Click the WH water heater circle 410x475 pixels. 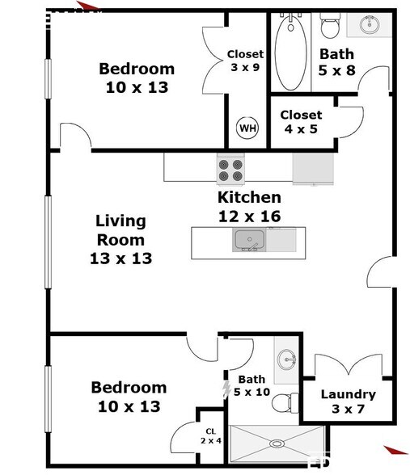[247, 128]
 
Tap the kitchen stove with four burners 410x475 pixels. [230, 170]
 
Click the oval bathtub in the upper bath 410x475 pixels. [290, 53]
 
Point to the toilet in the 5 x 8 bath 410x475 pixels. [330, 26]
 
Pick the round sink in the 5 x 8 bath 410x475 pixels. [370, 24]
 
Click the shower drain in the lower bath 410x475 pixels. [277, 443]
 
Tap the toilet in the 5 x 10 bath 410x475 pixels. [285, 402]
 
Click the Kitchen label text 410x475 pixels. [249, 197]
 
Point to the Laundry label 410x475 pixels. [348, 394]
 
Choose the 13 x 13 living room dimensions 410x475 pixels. [121, 259]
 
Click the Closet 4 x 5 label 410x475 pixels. [301, 122]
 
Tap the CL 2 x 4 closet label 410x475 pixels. [211, 436]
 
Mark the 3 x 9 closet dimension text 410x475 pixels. [245, 67]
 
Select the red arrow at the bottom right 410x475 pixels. [395, 450]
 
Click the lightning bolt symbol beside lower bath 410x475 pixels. [226, 389]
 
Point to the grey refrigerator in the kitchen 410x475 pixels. [313, 169]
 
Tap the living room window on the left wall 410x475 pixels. [48, 242]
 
